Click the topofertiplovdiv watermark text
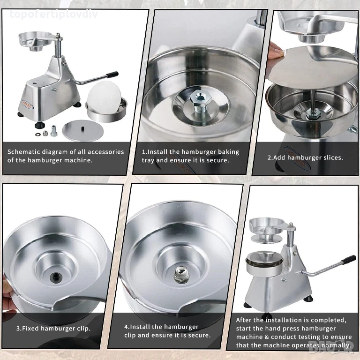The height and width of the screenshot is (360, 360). pyautogui.click(x=54, y=14)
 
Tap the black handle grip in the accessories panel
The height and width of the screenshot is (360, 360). pyautogui.click(x=112, y=75)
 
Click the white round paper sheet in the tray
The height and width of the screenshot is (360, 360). pyautogui.click(x=105, y=97)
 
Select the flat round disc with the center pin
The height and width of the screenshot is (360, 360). pyautogui.click(x=82, y=130)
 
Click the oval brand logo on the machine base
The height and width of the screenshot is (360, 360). pyautogui.click(x=28, y=105)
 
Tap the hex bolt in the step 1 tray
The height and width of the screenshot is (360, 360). pyautogui.click(x=201, y=103)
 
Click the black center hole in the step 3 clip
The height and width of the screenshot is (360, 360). pyautogui.click(x=56, y=277)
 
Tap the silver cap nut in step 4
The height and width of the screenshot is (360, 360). pyautogui.click(x=181, y=274)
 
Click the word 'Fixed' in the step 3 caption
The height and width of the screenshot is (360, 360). pyautogui.click(x=30, y=329)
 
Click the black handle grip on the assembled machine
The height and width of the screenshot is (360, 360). pyautogui.click(x=348, y=260)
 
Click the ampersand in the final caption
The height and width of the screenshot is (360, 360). pyautogui.click(x=266, y=337)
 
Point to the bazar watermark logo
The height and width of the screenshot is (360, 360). pyautogui.click(x=331, y=348)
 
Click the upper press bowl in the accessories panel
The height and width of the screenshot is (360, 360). pyautogui.click(x=34, y=40)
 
